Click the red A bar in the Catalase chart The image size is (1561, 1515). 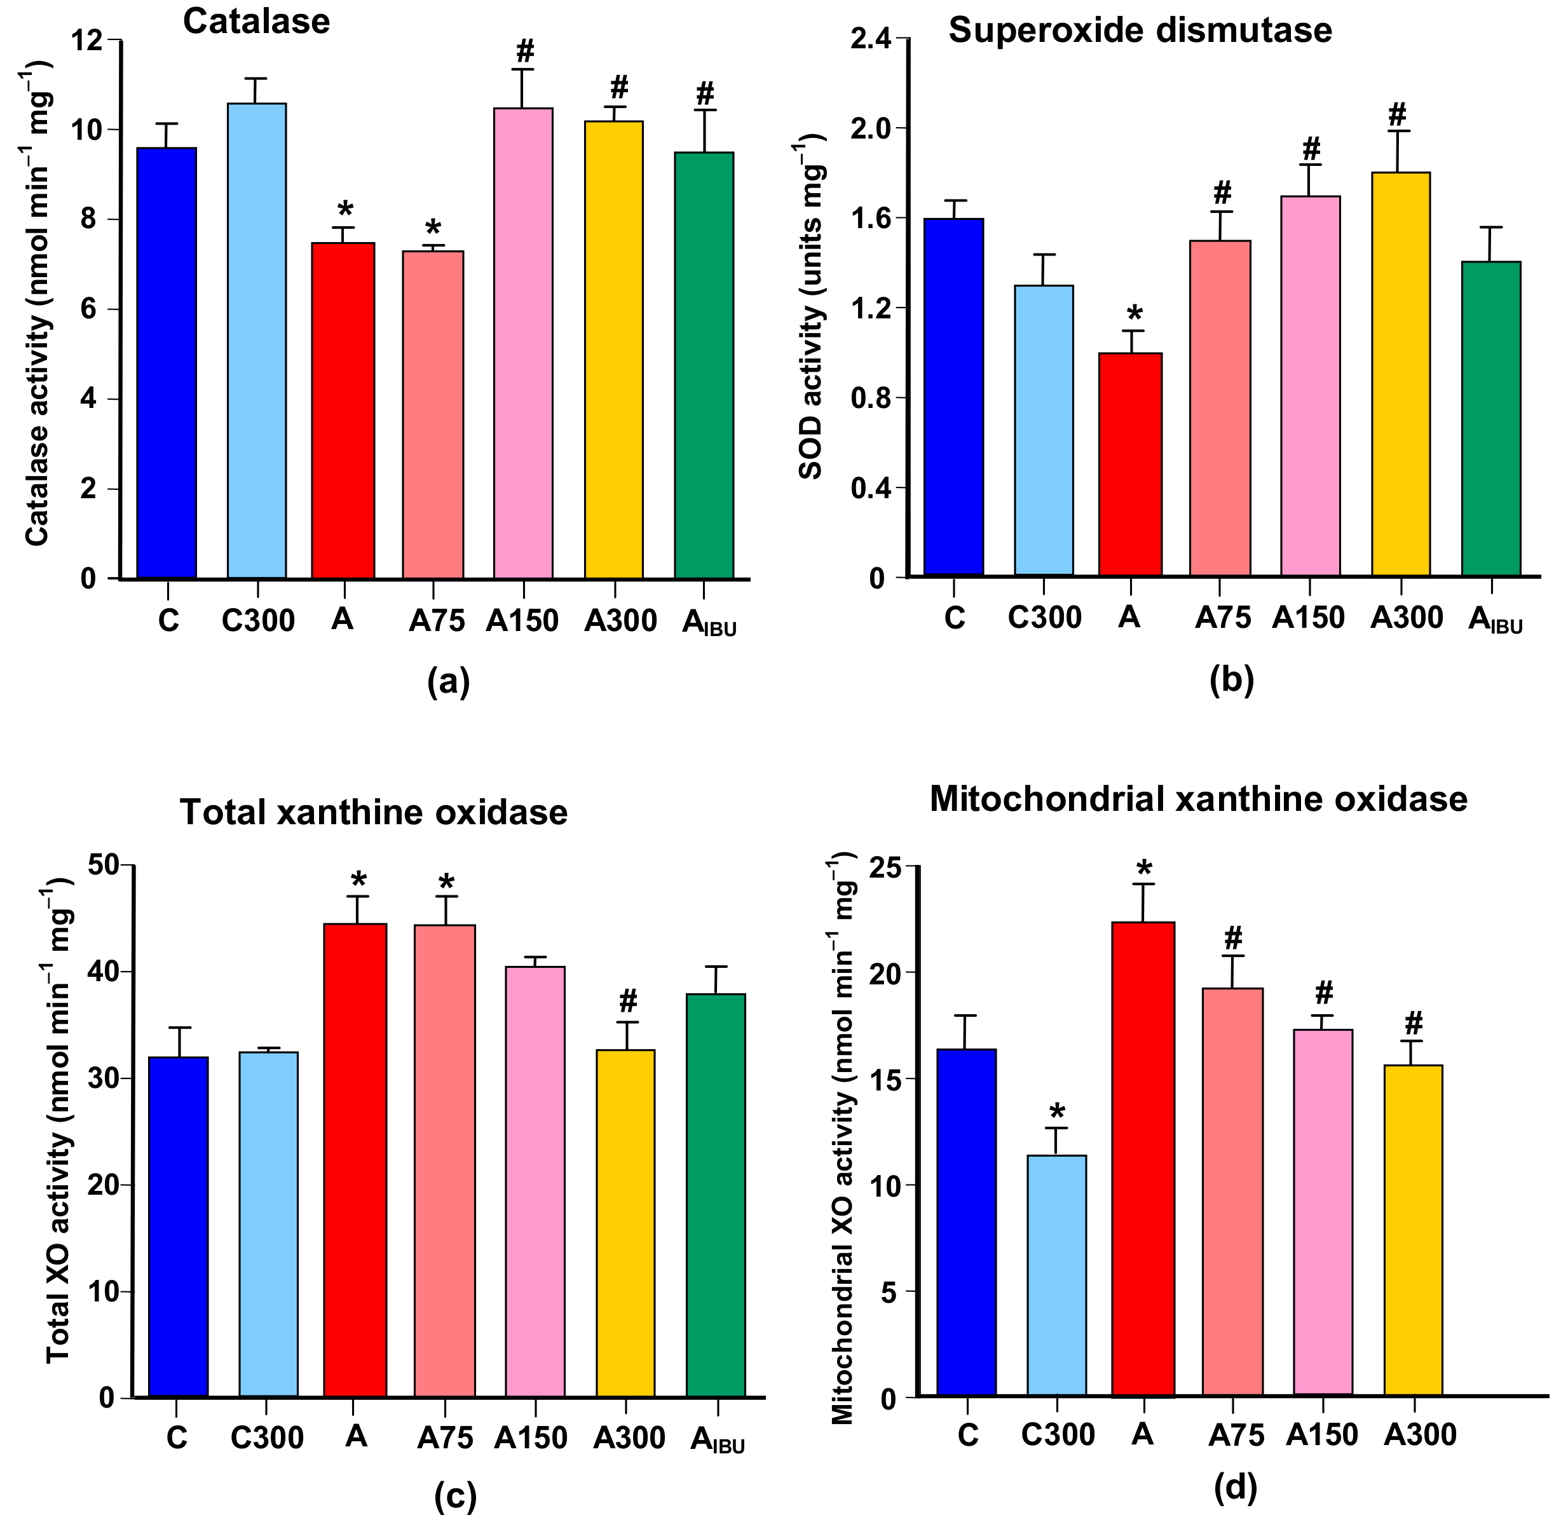[343, 410]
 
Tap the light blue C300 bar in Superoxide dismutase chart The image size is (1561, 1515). [1044, 430]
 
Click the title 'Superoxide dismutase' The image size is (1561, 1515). [1140, 31]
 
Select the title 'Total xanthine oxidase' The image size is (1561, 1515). [374, 813]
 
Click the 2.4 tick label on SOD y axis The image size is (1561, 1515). [869, 39]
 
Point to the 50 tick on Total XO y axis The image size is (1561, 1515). [104, 866]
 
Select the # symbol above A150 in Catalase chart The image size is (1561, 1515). [524, 51]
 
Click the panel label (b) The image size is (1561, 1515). [1231, 679]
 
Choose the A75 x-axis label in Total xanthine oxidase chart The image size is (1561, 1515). [445, 1437]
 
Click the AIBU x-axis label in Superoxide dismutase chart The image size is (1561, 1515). [1495, 620]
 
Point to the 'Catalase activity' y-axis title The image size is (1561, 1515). [38, 302]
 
